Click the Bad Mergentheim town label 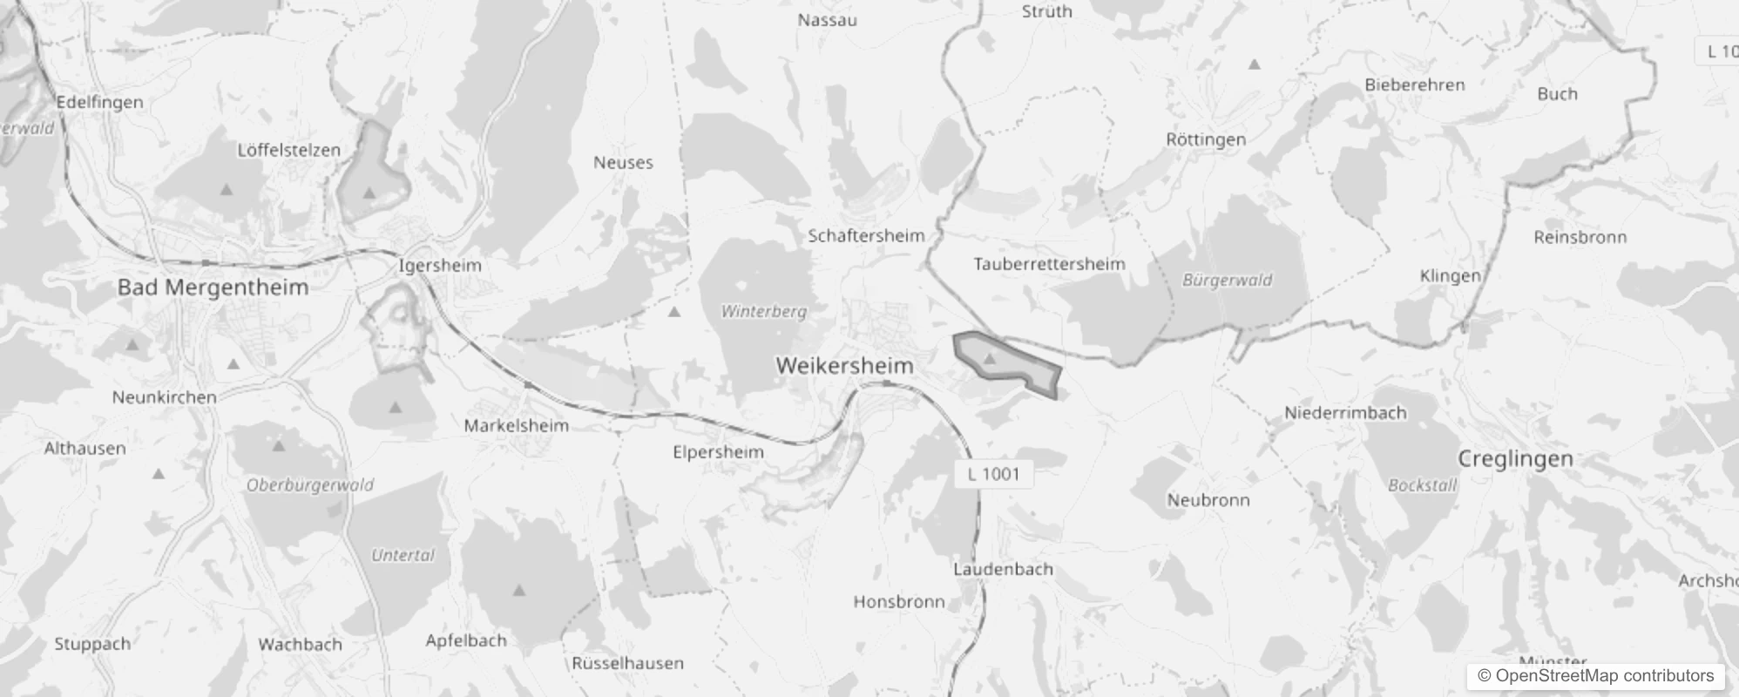click(x=213, y=288)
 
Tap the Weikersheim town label click(x=844, y=366)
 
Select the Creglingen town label click(x=1515, y=459)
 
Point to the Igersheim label click(x=440, y=265)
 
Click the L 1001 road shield click(x=993, y=474)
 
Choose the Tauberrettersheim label click(x=1049, y=264)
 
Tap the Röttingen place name click(x=1206, y=139)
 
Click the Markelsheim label click(x=516, y=426)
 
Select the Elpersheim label click(x=718, y=452)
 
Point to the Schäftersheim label click(x=866, y=235)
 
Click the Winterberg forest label click(x=763, y=311)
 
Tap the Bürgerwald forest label click(x=1227, y=281)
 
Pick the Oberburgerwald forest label click(x=309, y=485)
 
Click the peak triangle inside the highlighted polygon click(x=989, y=358)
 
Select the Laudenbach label click(x=1003, y=570)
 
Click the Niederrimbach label click(x=1345, y=413)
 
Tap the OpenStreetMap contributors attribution click(x=1595, y=676)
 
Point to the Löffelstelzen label click(x=288, y=150)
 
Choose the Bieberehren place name click(x=1414, y=85)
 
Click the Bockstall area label click(x=1422, y=485)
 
